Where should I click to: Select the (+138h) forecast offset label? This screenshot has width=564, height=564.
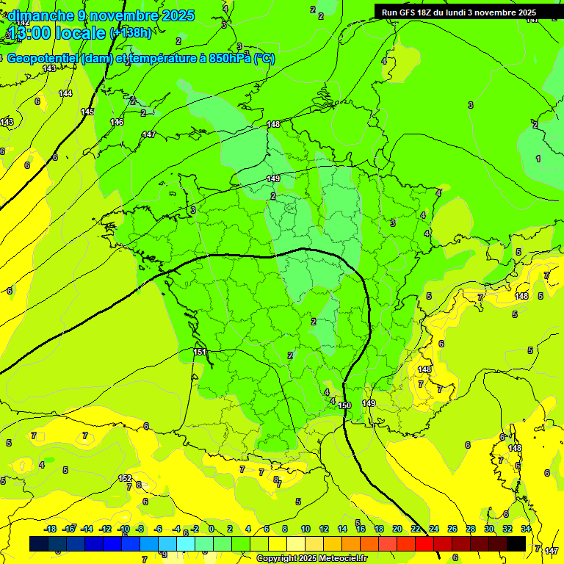tap(131, 33)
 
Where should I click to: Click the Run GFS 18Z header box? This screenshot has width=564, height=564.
tap(459, 12)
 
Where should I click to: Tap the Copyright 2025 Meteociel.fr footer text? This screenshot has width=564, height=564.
tap(311, 559)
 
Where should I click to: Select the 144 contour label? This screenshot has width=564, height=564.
tap(65, 93)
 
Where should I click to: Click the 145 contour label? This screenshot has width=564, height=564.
tap(87, 112)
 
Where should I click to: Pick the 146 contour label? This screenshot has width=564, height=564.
tap(117, 122)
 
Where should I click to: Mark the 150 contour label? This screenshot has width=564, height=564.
tap(344, 405)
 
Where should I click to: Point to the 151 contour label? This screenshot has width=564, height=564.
tap(200, 352)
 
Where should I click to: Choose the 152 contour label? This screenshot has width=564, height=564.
tap(125, 478)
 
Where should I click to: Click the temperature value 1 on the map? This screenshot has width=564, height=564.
tap(538, 159)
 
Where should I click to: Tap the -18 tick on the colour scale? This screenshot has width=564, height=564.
tap(50, 529)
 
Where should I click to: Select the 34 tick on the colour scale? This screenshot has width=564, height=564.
tap(526, 529)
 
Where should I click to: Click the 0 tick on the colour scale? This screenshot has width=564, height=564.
tap(211, 529)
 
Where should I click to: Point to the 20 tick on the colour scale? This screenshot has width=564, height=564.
tap(397, 529)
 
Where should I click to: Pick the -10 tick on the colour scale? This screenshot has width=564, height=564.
tap(124, 529)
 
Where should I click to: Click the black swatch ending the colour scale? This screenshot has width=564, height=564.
tap(516, 543)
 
